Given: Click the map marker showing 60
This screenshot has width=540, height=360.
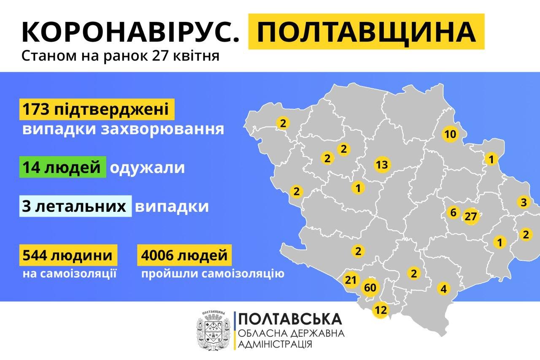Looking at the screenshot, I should pyautogui.click(x=370, y=288).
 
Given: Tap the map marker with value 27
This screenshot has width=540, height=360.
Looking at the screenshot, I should pyautogui.click(x=470, y=217).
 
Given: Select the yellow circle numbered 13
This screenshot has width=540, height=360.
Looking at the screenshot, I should pyautogui.click(x=382, y=165).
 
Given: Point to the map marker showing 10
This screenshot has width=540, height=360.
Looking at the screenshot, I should pyautogui.click(x=450, y=135).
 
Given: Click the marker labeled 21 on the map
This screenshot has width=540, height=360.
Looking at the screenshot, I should pyautogui.click(x=351, y=280).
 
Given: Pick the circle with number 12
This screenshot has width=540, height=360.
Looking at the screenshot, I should pyautogui.click(x=381, y=310).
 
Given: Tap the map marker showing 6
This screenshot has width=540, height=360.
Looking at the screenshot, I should pyautogui.click(x=453, y=212).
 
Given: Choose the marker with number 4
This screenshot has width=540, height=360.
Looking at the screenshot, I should pyautogui.click(x=443, y=289).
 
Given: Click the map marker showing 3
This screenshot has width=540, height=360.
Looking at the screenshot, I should pyautogui.click(x=524, y=202).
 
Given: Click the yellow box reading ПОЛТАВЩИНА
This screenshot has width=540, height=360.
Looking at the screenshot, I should pyautogui.click(x=366, y=32).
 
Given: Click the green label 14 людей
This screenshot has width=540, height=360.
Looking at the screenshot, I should pyautogui.click(x=62, y=168).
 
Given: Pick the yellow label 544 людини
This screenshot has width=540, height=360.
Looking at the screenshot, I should pyautogui.click(x=67, y=255).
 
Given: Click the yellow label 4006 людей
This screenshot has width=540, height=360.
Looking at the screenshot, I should pyautogui.click(x=185, y=255).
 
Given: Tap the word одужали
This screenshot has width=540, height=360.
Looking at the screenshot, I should pyautogui.click(x=147, y=168).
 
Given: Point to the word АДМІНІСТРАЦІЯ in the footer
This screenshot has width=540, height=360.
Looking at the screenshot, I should pyautogui.click(x=276, y=344).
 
